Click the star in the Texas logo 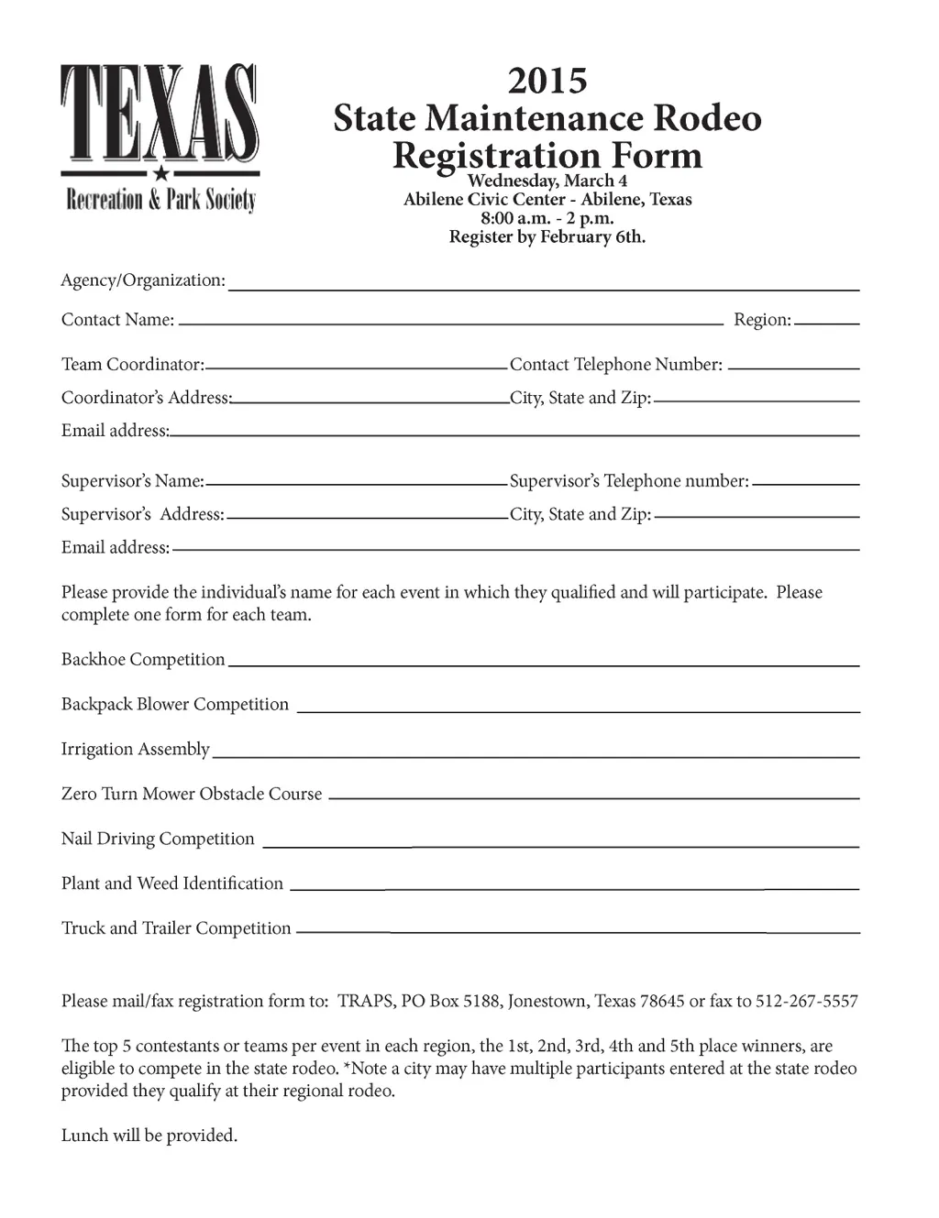[160, 173]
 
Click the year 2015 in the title [547, 82]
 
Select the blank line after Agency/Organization [543, 289]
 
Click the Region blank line [826, 324]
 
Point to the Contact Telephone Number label [615, 365]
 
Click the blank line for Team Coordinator [356, 368]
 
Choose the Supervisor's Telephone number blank [805, 483]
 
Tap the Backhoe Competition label [143, 660]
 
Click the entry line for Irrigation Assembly [535, 756]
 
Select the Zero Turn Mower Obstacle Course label [192, 795]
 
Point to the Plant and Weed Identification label [172, 884]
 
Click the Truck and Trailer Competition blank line [578, 932]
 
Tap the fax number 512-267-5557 [807, 1002]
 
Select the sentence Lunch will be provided [149, 1136]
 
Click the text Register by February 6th [547, 237]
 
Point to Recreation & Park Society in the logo [160, 200]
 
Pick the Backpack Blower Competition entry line [578, 711]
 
